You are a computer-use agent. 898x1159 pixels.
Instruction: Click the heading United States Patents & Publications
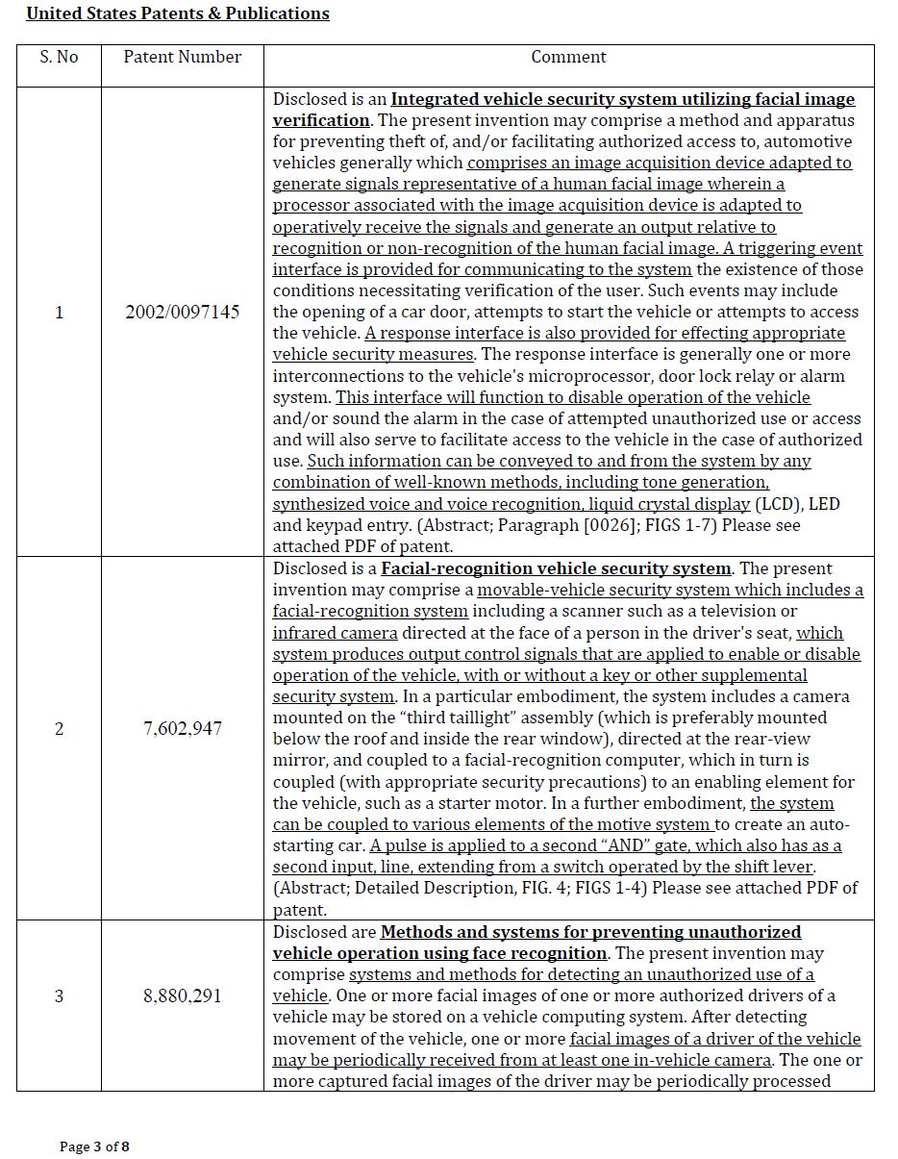178,13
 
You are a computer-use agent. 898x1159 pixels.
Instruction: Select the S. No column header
59,57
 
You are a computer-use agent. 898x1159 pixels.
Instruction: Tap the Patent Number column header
183,57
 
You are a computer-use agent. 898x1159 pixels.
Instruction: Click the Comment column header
568,57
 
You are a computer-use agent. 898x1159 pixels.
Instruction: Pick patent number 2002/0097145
183,312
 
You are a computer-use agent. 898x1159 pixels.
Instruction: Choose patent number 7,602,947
183,728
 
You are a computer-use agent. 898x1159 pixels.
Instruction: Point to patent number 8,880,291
183,995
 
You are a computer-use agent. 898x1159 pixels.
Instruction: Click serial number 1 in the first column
59,312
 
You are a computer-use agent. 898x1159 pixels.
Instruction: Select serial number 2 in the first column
59,728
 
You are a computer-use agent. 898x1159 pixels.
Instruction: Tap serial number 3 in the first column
59,995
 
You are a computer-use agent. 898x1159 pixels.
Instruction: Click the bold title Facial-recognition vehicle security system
556,568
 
